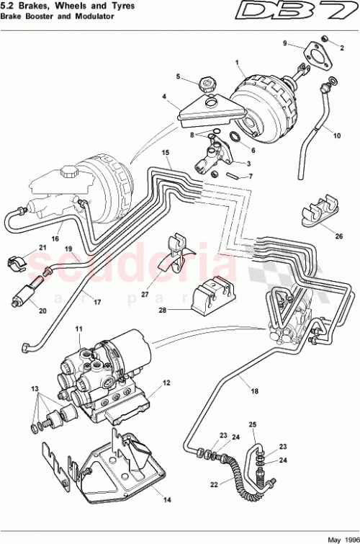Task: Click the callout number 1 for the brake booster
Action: click(x=236, y=62)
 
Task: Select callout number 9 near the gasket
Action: click(x=285, y=44)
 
